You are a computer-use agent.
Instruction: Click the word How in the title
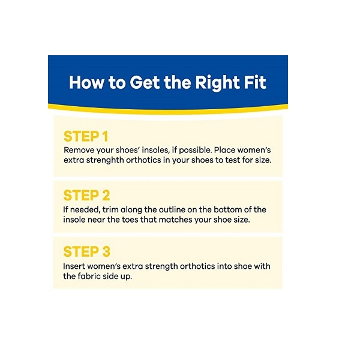pyautogui.click(x=86, y=82)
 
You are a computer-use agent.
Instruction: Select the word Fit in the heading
pyautogui.click(x=255, y=82)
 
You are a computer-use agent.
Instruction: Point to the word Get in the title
pyautogui.click(x=145, y=82)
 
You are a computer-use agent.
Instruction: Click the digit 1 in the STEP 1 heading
pyautogui.click(x=106, y=136)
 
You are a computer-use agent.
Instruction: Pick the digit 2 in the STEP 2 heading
pyautogui.click(x=106, y=196)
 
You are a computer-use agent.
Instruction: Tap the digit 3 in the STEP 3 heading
pyautogui.click(x=106, y=251)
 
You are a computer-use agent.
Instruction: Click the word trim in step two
pyautogui.click(x=110, y=209)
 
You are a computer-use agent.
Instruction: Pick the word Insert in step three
pyautogui.click(x=74, y=266)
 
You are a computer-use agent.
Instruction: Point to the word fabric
pyautogui.click(x=89, y=276)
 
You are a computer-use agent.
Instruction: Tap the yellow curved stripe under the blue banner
pyautogui.click(x=168, y=111)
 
